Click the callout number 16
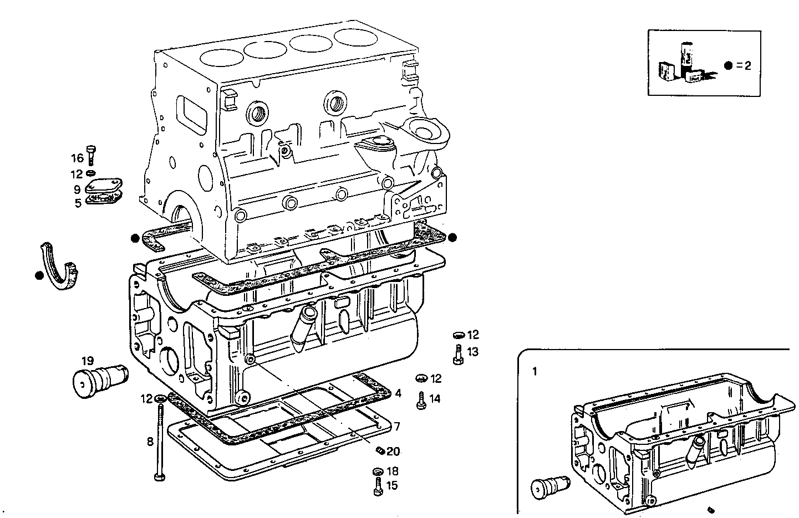[x=77, y=158]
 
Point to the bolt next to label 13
[x=458, y=355]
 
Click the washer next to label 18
[x=378, y=471]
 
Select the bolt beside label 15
[x=378, y=486]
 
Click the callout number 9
[x=78, y=189]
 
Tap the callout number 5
[x=78, y=203]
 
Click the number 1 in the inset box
[x=535, y=372]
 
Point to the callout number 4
[x=398, y=394]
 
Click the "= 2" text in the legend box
[x=744, y=65]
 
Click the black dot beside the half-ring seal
[x=38, y=275]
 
